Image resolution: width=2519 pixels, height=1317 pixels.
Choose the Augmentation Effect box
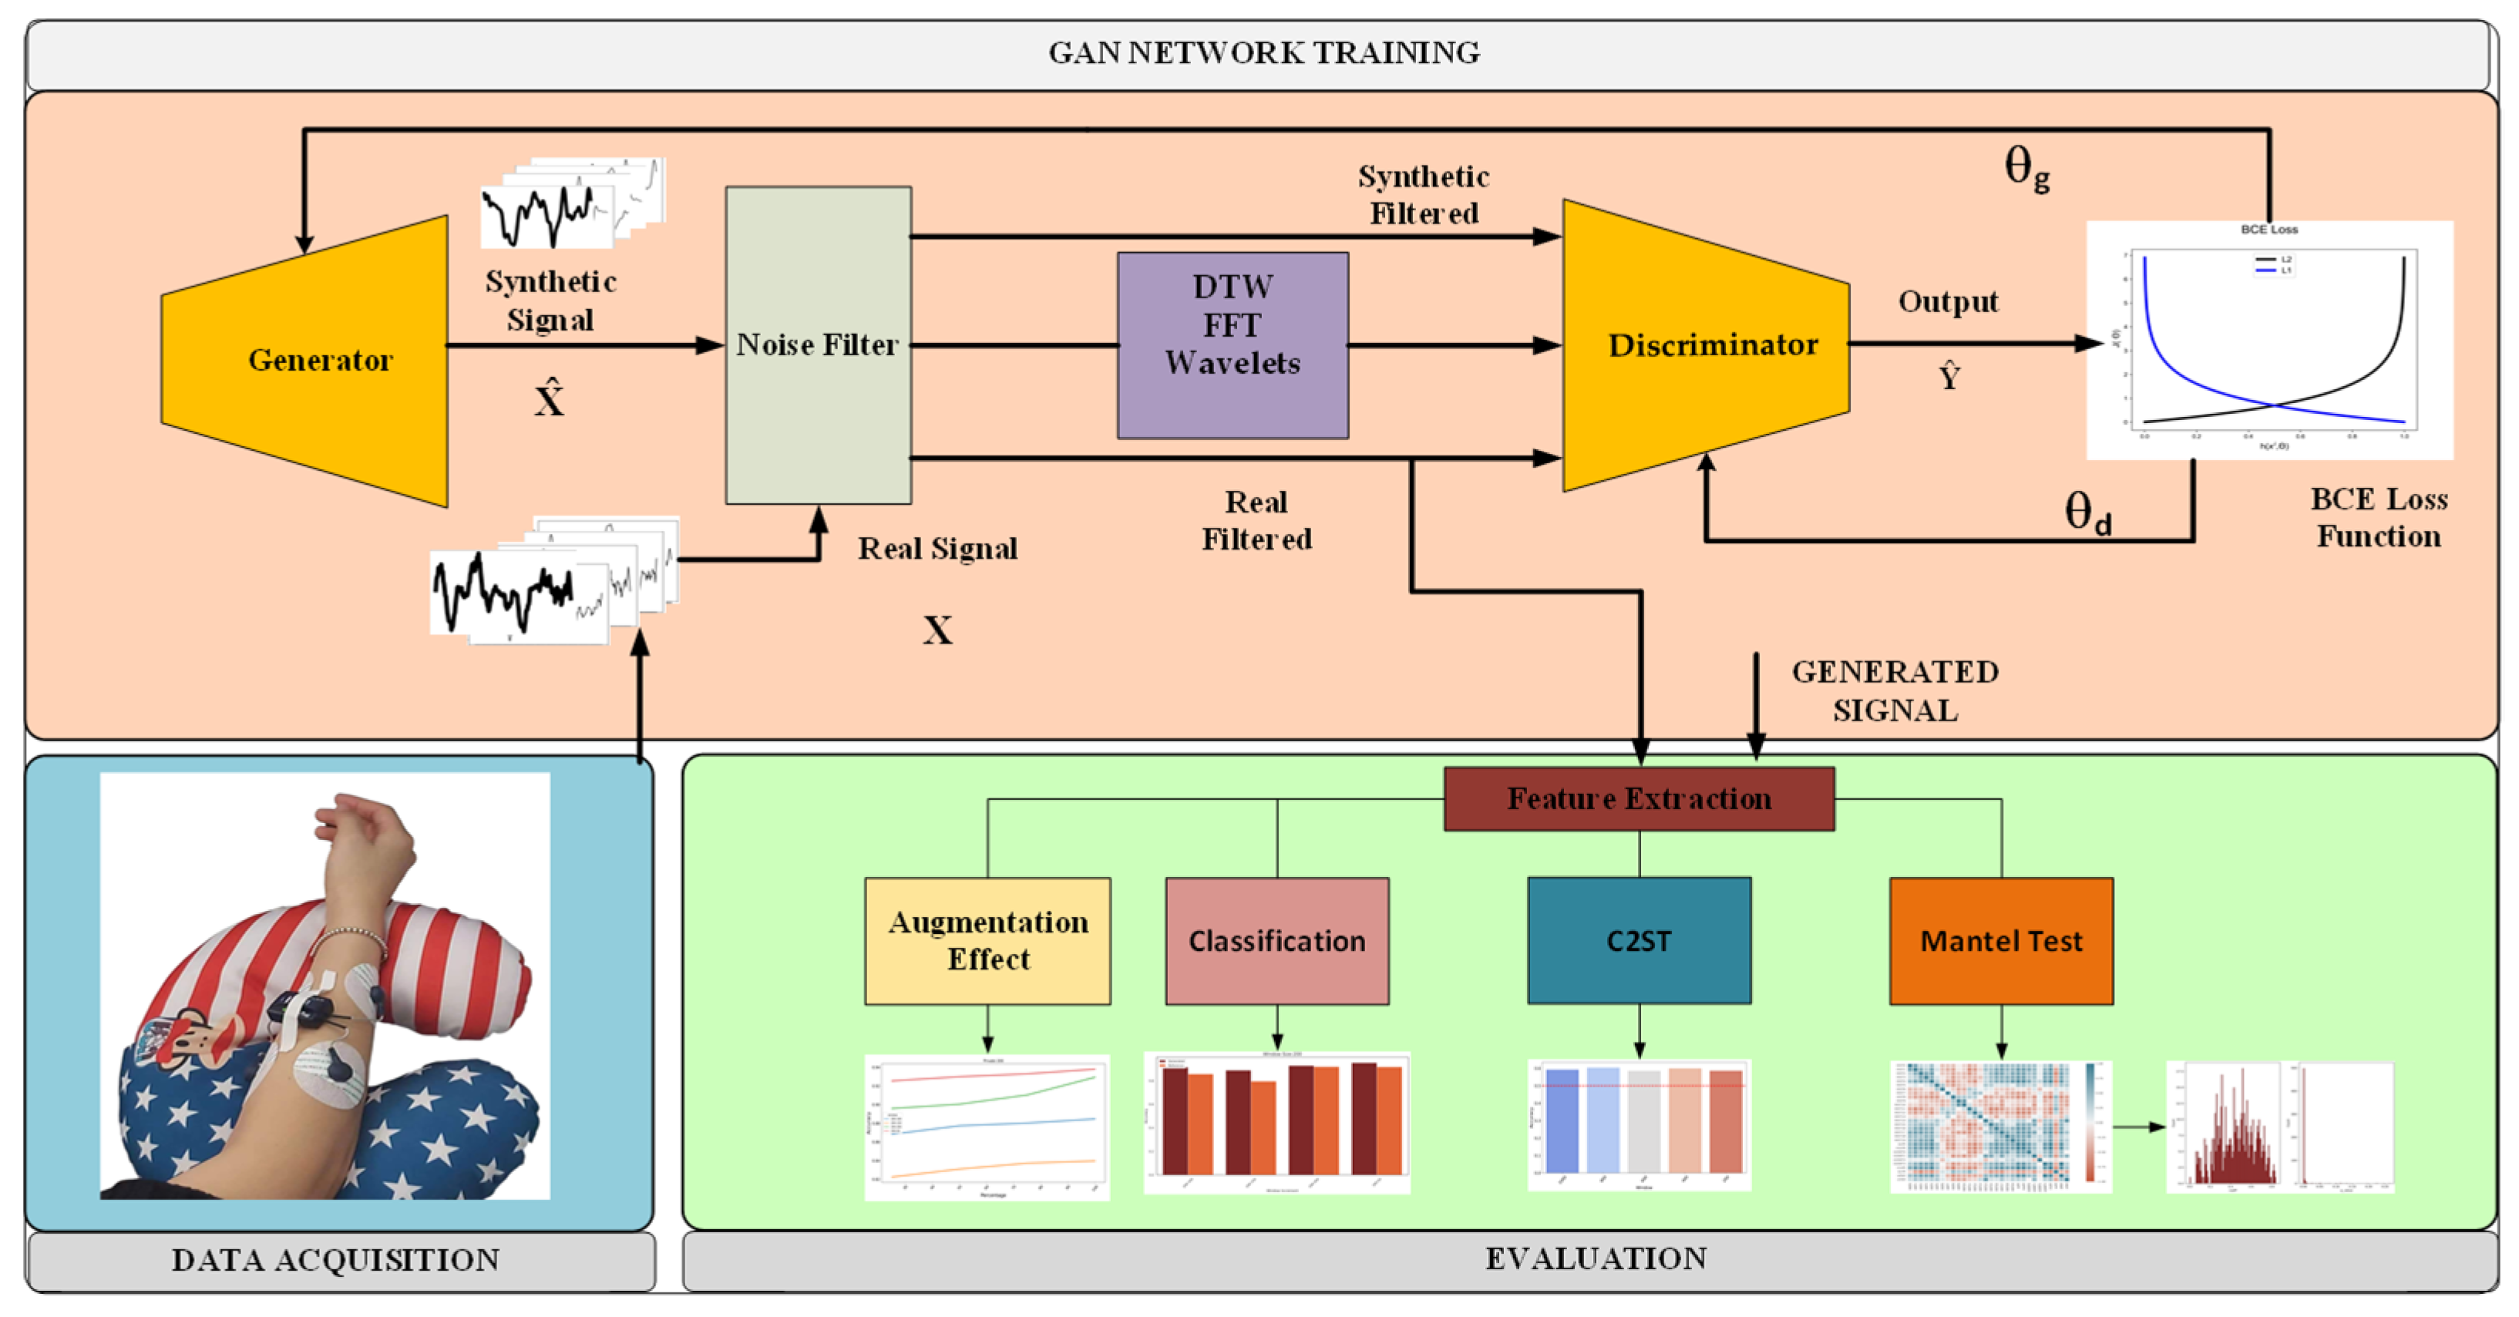point(987,941)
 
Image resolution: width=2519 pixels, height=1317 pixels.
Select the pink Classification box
point(1276,941)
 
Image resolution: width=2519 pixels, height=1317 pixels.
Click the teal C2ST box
point(1639,941)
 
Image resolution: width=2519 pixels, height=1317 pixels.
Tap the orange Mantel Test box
point(2001,941)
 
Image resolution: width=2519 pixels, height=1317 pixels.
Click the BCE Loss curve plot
point(2268,341)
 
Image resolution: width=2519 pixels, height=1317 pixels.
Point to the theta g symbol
point(2026,168)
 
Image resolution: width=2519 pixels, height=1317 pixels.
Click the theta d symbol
point(2087,512)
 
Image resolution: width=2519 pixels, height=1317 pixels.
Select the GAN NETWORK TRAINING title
point(1263,53)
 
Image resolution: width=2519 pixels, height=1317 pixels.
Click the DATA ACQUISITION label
point(335,1259)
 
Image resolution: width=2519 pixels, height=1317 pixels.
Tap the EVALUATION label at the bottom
point(1596,1258)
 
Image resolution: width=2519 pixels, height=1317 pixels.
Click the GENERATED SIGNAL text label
point(1894,690)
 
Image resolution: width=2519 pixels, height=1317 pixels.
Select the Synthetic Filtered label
point(1423,194)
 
